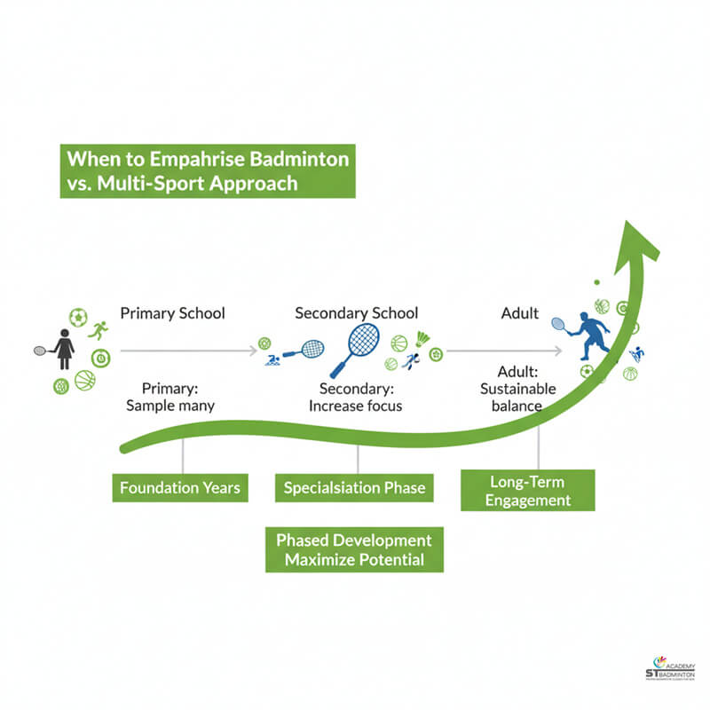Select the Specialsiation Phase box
point(354,487)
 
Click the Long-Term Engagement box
point(527,491)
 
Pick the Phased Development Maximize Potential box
point(354,550)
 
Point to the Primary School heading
point(172,313)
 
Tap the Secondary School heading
point(356,313)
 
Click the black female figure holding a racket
point(64,348)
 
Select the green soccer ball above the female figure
point(78,317)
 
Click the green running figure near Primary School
point(98,331)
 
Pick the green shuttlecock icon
point(423,339)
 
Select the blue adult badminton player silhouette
point(590,335)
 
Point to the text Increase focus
point(356,406)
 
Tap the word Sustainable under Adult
point(518,389)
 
